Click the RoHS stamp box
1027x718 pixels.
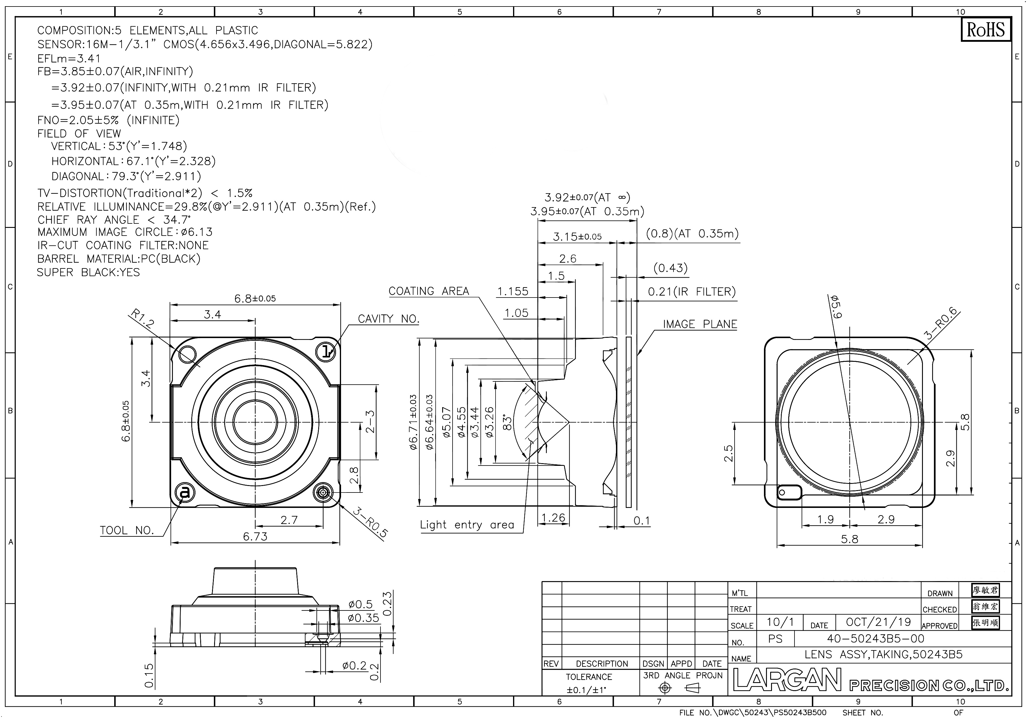(985, 30)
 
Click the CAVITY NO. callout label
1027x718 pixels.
(388, 319)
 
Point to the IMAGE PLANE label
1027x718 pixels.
(700, 324)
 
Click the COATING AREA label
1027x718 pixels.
(429, 291)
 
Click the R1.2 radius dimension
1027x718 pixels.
(142, 318)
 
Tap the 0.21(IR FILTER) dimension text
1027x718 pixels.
(692, 292)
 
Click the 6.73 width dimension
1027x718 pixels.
(255, 536)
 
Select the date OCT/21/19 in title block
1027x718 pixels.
(878, 622)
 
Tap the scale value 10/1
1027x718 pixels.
(780, 622)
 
